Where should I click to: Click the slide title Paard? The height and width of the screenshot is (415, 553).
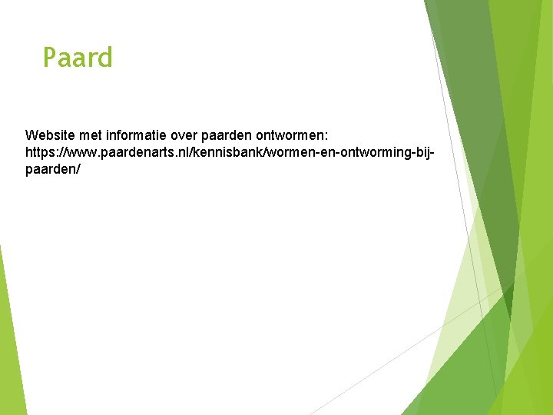click(x=78, y=58)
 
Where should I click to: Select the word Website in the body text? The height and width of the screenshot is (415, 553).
click(x=51, y=135)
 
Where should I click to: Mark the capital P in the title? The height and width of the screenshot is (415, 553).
click(x=50, y=58)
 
